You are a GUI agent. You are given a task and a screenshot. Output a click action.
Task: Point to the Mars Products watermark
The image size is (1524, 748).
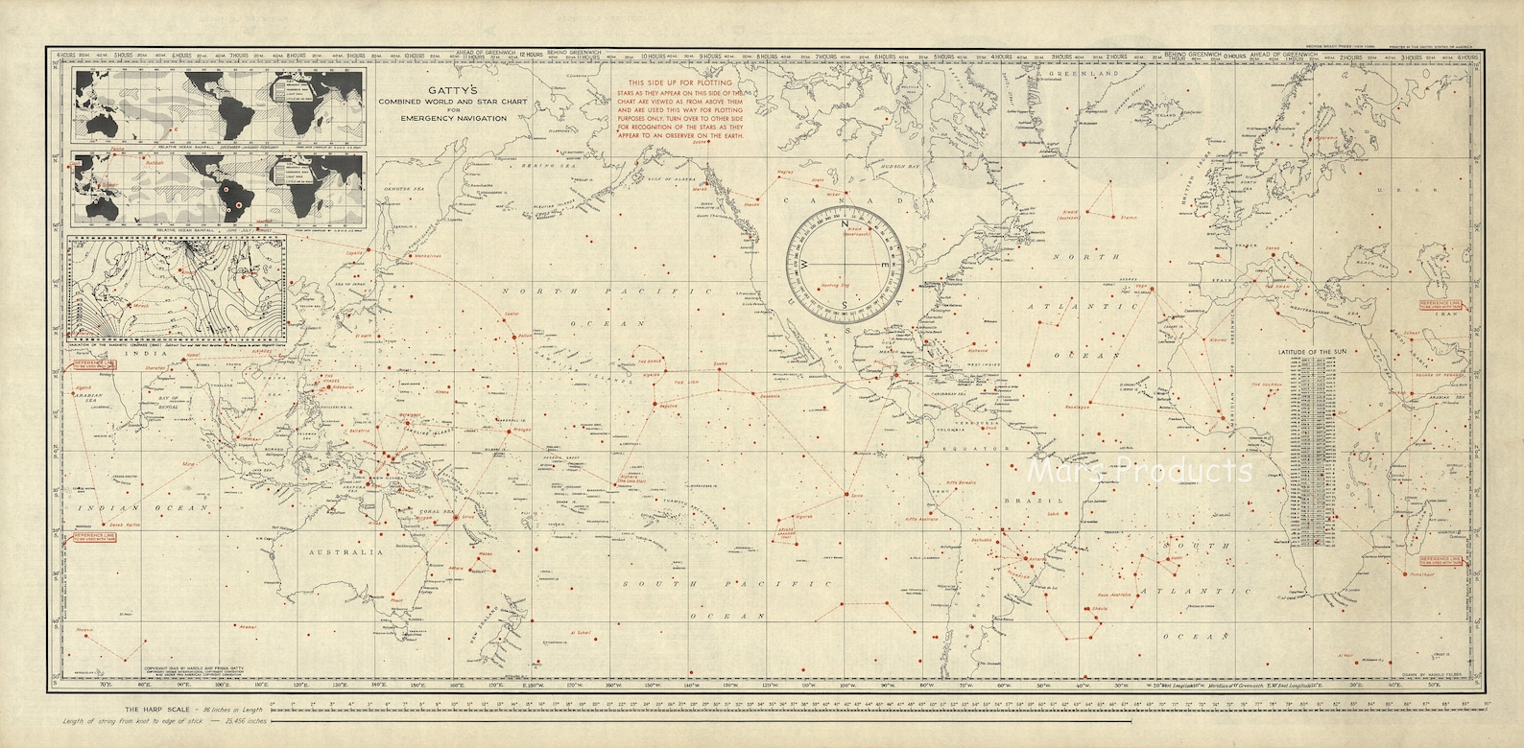1140,471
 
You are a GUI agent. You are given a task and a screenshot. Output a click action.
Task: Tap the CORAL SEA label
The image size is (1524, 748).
452,510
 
